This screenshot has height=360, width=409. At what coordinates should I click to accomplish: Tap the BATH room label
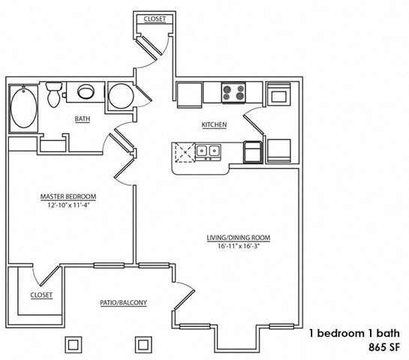(x=83, y=118)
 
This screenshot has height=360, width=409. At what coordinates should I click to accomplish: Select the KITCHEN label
(x=213, y=124)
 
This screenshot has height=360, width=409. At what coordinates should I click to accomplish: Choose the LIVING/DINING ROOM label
(x=239, y=238)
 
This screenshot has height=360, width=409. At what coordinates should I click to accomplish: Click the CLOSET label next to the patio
(x=41, y=295)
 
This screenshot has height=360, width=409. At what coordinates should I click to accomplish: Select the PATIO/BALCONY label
(x=123, y=303)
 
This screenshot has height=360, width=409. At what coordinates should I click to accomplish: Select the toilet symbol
(x=53, y=95)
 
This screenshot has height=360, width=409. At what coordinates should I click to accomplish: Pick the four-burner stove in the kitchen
(x=234, y=93)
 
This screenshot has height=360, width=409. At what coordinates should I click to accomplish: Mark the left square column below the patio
(x=74, y=344)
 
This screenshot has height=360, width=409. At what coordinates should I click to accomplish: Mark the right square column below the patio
(x=143, y=344)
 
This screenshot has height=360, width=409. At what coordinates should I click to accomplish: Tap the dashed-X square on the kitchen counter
(x=183, y=153)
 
